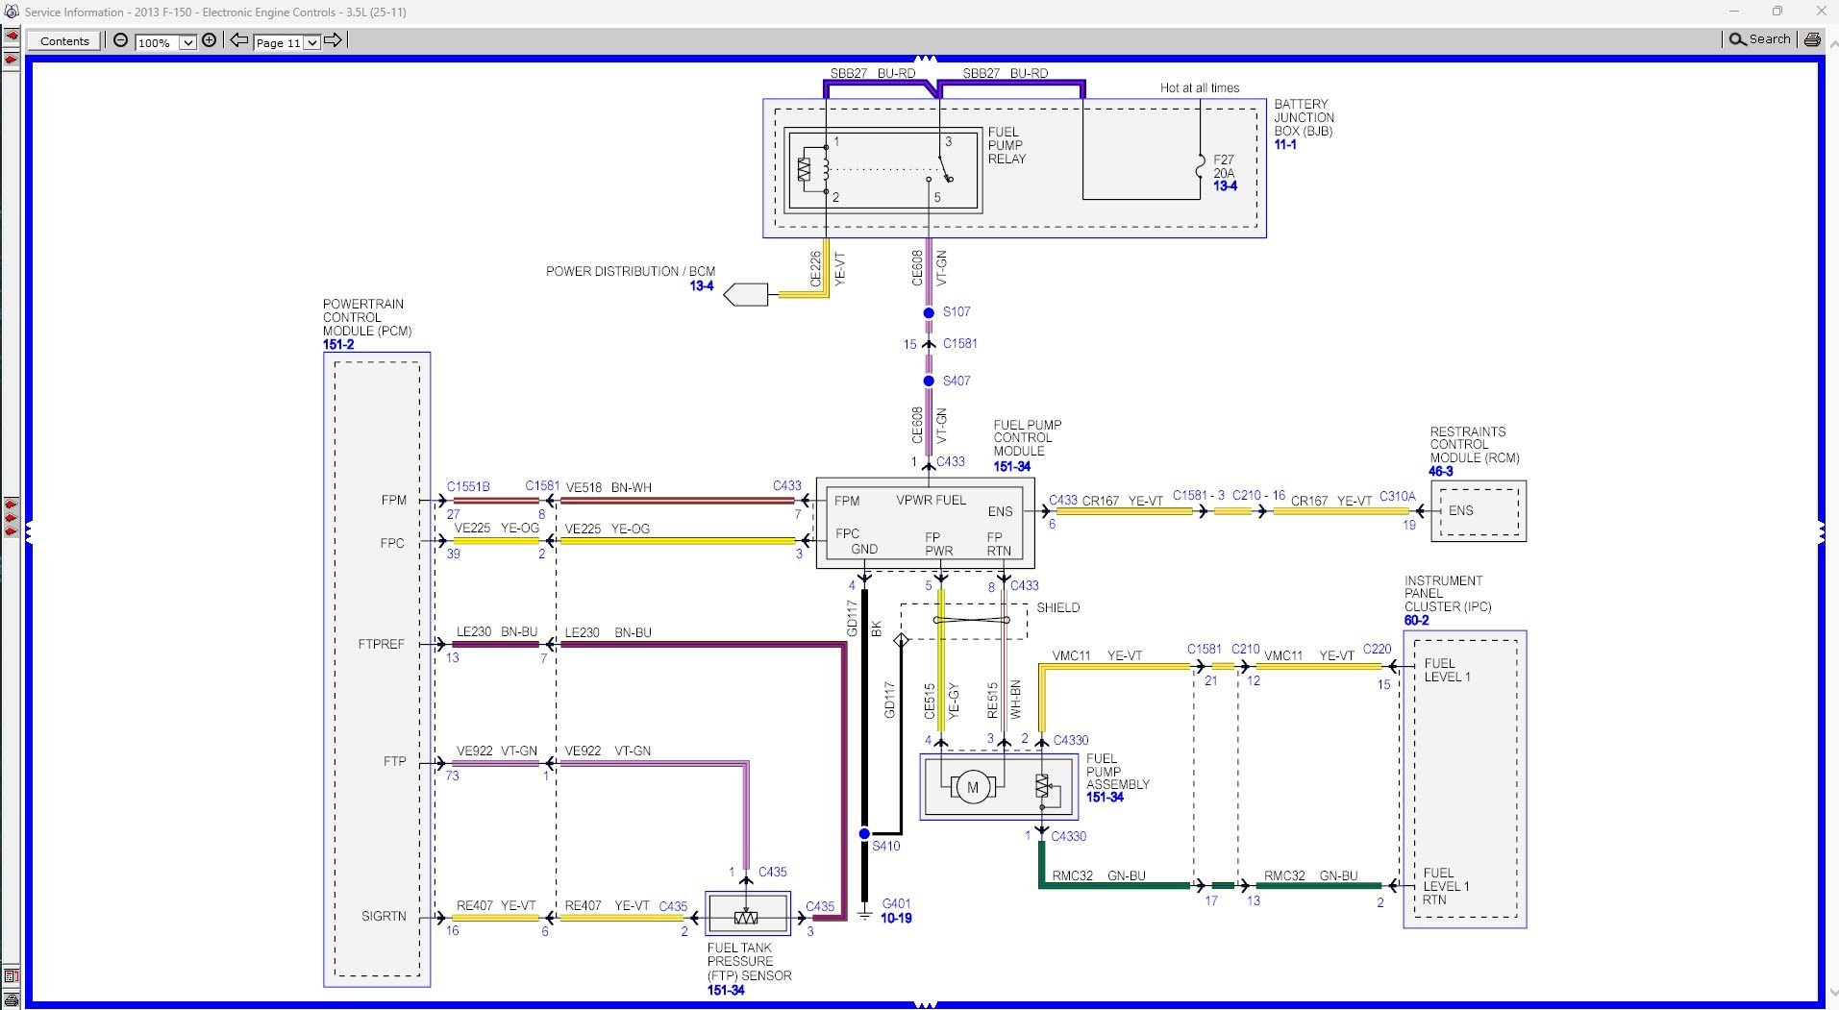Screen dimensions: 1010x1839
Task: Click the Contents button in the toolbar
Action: pyautogui.click(x=64, y=41)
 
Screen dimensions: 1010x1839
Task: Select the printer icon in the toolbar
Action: pyautogui.click(x=1812, y=39)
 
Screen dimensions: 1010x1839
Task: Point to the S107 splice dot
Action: pyautogui.click(x=929, y=313)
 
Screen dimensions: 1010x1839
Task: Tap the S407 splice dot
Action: pyautogui.click(x=929, y=382)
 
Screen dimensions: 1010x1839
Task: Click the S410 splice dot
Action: pyautogui.click(x=864, y=833)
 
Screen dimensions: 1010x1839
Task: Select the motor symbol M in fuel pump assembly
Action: pyautogui.click(x=972, y=788)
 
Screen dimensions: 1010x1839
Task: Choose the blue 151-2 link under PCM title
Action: pyautogui.click(x=338, y=344)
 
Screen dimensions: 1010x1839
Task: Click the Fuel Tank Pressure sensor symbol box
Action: pyautogui.click(x=747, y=915)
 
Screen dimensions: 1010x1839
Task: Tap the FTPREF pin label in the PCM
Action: pyautogui.click(x=382, y=644)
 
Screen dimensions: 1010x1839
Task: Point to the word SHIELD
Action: pyautogui.click(x=1057, y=607)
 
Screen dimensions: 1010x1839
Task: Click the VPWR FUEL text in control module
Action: pyautogui.click(x=931, y=500)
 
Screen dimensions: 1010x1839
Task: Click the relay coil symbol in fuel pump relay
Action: pyautogui.click(x=805, y=170)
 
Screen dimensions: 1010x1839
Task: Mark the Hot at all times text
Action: pyautogui.click(x=1199, y=87)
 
